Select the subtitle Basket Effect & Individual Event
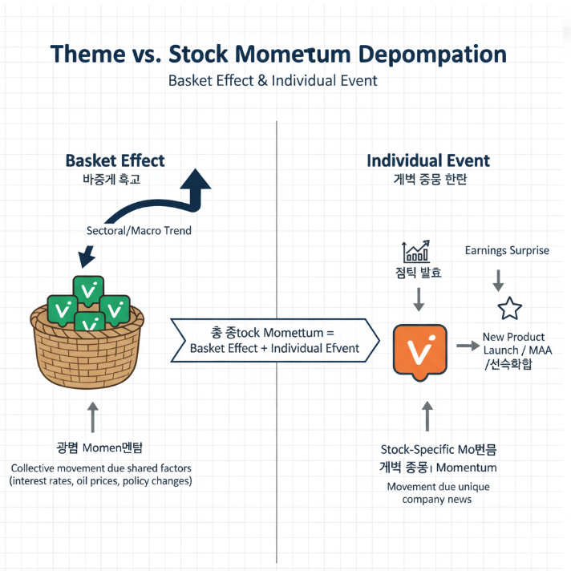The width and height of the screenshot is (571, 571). pos(273,81)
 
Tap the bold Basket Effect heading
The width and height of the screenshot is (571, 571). pos(115,160)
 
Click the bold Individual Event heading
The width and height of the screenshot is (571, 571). pos(427,160)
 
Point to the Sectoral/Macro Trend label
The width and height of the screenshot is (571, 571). pos(139,231)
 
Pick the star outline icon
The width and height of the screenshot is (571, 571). pos(509,309)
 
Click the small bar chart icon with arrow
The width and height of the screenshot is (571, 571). pos(416,252)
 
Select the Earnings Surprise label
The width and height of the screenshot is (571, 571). pos(507,250)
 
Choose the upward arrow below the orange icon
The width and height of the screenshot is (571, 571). pos(426,416)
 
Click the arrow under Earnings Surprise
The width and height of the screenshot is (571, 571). pos(497,280)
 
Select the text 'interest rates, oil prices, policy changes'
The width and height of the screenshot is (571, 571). pos(101,481)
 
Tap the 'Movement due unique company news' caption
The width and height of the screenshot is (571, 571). pos(438,493)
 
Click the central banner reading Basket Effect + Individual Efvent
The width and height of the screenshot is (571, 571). pos(274,340)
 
